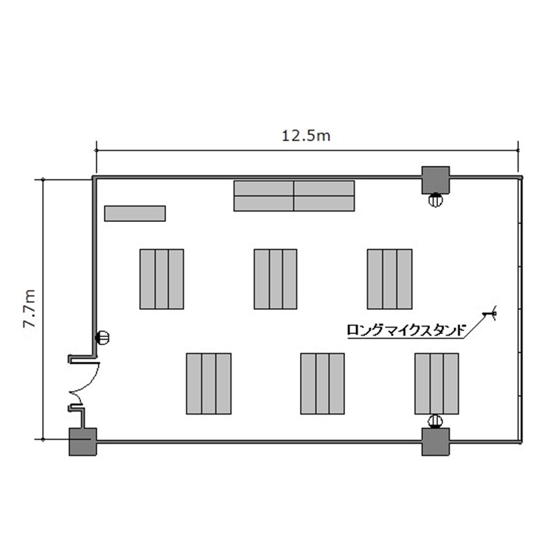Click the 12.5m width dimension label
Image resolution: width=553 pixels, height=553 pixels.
306,136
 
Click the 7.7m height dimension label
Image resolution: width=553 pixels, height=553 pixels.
29,309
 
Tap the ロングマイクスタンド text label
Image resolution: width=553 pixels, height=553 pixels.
406,330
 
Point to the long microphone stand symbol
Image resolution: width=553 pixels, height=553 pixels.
490,313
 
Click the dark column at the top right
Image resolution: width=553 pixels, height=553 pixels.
436,180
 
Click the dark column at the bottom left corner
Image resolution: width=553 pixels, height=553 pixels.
83,442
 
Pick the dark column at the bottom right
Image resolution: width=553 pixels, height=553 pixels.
436,442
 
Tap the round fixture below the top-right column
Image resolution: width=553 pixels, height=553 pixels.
436,200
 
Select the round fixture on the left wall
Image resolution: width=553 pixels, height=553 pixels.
102,338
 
